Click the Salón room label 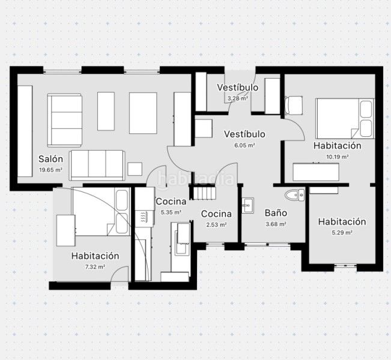(50, 159)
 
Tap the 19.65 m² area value (50, 170)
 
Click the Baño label (276, 213)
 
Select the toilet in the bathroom (295, 194)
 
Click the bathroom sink (247, 206)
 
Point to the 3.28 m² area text (238, 98)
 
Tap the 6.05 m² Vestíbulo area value (244, 145)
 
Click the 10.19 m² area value (338, 157)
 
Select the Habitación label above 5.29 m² (342, 222)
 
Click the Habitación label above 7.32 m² (95, 256)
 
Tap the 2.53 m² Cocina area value (216, 225)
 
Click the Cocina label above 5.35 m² (171, 202)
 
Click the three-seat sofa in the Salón (97, 165)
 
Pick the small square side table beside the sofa (135, 169)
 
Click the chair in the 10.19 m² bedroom (294, 106)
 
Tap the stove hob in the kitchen (143, 216)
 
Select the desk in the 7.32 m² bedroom (66, 230)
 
